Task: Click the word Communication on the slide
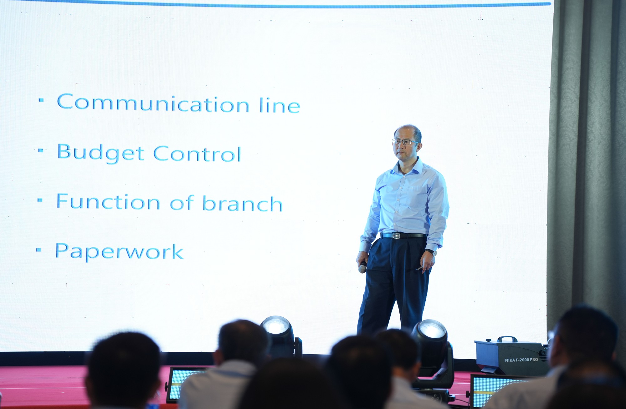tap(153, 103)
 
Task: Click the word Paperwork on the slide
tap(119, 252)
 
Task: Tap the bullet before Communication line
tap(41, 100)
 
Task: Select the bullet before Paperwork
tap(39, 250)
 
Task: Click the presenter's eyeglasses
tap(405, 142)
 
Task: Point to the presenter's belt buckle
tap(397, 236)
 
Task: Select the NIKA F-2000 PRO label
tap(521, 360)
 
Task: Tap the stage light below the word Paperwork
tap(280, 336)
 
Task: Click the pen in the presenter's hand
tap(419, 268)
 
